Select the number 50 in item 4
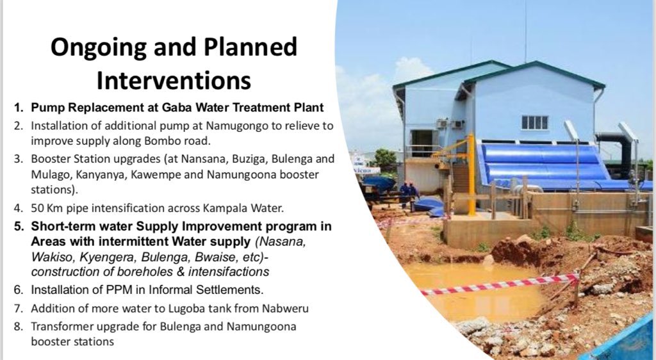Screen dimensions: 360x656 37,208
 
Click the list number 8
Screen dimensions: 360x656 18,327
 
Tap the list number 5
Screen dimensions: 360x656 18,227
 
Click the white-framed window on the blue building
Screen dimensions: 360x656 534,122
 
